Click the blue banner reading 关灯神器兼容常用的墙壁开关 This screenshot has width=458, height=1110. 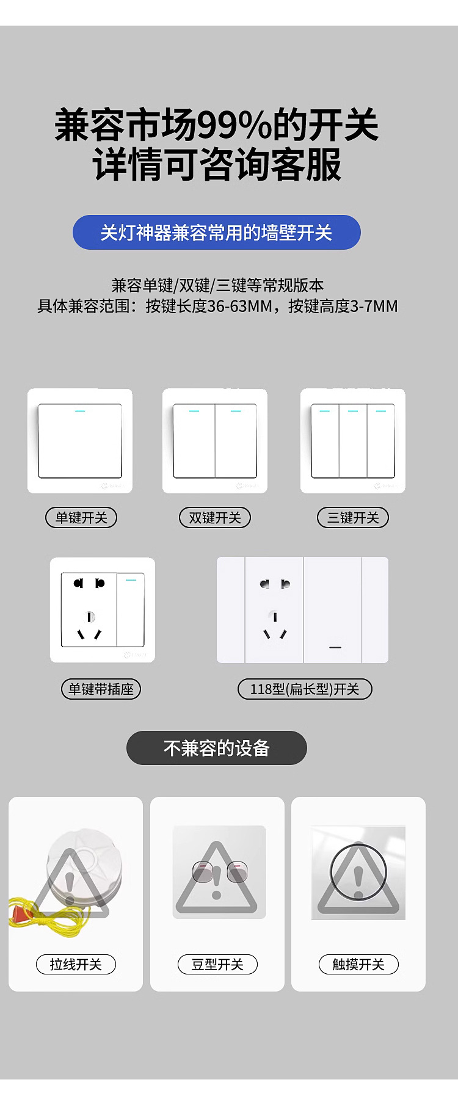(217, 233)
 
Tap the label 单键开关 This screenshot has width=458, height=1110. (81, 518)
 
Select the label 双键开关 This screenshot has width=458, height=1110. (215, 518)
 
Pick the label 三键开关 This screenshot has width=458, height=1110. (353, 518)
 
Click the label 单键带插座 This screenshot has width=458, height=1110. (101, 689)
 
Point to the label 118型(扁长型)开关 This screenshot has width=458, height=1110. (305, 689)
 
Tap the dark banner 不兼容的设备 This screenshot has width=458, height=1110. (217, 748)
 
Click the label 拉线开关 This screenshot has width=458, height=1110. (76, 965)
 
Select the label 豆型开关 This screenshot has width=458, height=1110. (217, 965)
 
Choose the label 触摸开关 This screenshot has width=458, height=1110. (358, 965)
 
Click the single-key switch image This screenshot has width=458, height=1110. (80, 441)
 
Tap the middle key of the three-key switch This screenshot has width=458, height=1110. (353, 441)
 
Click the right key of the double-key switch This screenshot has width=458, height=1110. (236, 441)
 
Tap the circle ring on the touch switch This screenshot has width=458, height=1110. (358, 872)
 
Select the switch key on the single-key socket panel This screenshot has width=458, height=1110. (130, 609)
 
